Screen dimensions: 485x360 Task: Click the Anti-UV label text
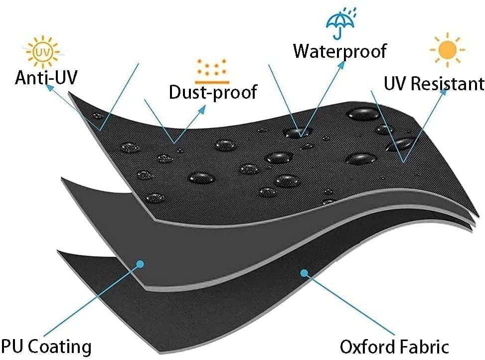(46, 77)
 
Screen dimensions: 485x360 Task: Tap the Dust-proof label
(213, 92)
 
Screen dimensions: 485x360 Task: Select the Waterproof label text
(339, 51)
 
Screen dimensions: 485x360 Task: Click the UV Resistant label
(434, 83)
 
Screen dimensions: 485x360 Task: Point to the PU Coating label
(46, 347)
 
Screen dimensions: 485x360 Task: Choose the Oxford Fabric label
(394, 347)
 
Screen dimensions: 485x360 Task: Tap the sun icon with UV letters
(43, 52)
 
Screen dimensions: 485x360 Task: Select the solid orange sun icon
(447, 49)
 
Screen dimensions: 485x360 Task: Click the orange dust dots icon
(212, 71)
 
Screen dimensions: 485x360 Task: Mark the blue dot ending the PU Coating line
(141, 264)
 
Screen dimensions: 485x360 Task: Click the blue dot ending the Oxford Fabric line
(305, 273)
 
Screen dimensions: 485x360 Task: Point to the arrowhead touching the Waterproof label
(341, 65)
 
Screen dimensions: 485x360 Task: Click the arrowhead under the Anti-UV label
(49, 88)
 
